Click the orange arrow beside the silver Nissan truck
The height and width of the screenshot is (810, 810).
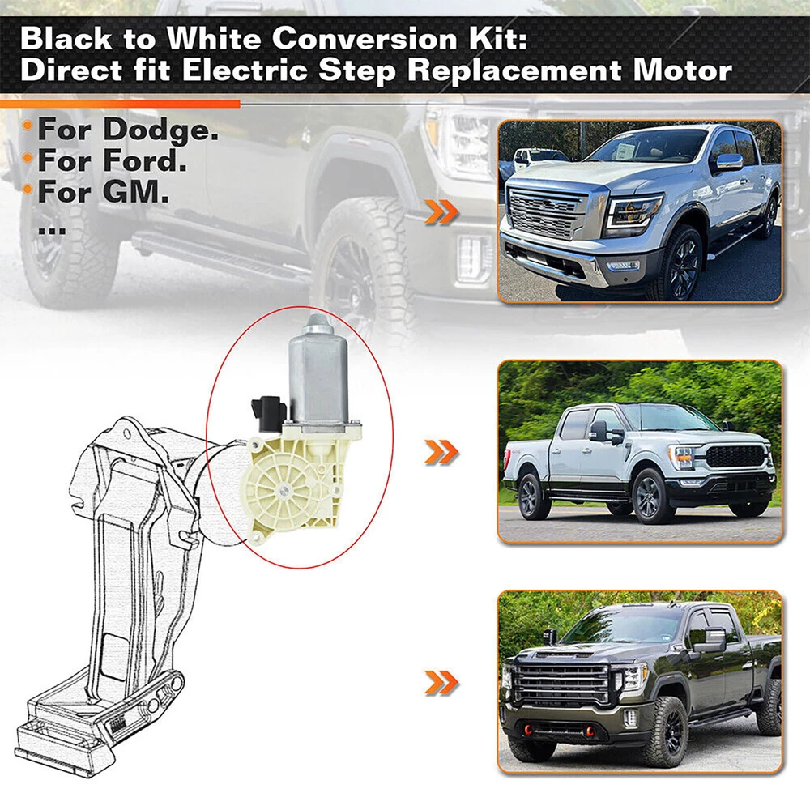[x=441, y=211]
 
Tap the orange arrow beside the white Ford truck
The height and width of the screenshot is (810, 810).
[x=441, y=452]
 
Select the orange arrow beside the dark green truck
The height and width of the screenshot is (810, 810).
[x=441, y=682]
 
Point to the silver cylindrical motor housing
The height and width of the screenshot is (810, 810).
[x=318, y=372]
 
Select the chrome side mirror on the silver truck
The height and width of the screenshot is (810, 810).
[x=729, y=162]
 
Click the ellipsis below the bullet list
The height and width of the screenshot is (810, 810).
[x=52, y=232]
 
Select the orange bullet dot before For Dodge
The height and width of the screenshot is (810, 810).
[x=28, y=126]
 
